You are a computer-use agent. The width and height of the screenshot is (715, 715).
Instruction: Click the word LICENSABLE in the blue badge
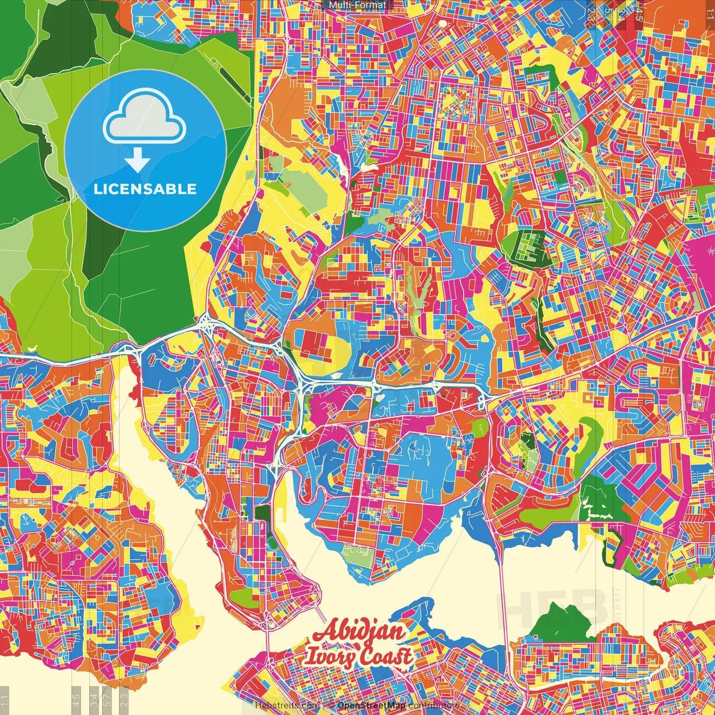pos(145,189)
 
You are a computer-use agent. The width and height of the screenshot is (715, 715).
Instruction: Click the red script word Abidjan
pos(359,632)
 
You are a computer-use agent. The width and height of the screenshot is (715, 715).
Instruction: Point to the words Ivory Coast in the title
pos(359,656)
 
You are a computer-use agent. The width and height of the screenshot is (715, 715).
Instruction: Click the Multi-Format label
pos(357,5)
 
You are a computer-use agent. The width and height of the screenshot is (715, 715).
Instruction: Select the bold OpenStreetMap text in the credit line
pos(371,706)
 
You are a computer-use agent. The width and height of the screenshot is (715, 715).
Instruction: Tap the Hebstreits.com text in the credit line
pos(287,706)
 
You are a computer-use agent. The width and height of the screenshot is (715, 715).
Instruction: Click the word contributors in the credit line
pos(433,706)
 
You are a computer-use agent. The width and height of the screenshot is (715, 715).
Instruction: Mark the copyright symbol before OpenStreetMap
pos(331,706)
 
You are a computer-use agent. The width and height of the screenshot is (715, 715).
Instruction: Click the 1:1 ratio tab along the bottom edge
pos(4,699)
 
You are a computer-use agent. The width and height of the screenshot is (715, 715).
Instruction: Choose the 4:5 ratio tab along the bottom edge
pos(76,699)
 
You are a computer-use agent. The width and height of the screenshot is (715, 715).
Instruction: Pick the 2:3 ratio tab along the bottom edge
pos(124,699)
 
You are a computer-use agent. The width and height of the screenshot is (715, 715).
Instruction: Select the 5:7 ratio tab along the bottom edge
pos(107,699)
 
